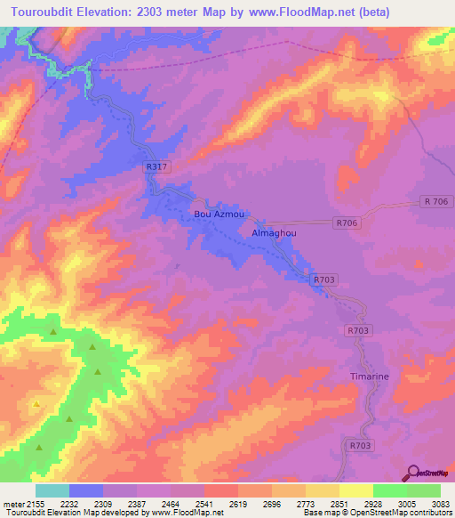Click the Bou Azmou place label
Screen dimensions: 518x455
click(219, 214)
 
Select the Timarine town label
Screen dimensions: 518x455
click(367, 376)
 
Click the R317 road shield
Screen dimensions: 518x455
click(155, 167)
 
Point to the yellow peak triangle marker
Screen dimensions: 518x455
click(36, 404)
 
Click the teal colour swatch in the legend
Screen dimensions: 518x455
click(52, 490)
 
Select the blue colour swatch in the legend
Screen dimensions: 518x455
click(86, 490)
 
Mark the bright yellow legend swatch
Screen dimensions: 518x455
click(355, 490)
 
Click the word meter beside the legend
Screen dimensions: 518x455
click(13, 503)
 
